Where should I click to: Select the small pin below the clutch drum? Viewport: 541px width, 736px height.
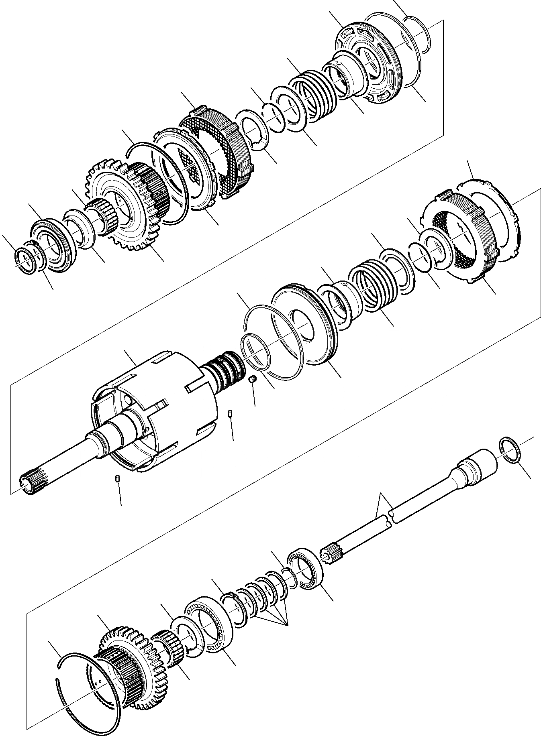coord(118,479)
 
